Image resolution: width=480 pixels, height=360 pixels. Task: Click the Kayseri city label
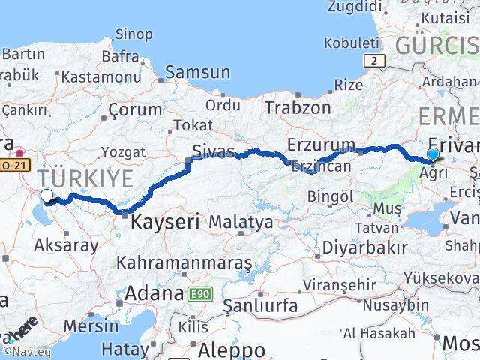[x=166, y=222]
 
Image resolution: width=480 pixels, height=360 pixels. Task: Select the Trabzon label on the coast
[x=297, y=107]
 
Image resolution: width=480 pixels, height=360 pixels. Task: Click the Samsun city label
[x=197, y=73]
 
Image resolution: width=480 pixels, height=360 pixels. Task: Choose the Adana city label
[x=154, y=293]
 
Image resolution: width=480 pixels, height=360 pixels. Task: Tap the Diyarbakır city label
[x=364, y=247]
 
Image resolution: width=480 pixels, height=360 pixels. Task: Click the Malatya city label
[x=241, y=222]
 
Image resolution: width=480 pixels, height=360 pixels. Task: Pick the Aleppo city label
[x=230, y=349]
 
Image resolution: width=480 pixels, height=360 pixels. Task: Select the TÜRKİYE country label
[x=86, y=178]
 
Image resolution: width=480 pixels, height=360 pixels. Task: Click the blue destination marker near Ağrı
[x=433, y=155]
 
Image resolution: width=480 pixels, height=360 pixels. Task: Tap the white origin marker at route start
[x=47, y=196]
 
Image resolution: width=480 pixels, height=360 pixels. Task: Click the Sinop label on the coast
[x=133, y=34]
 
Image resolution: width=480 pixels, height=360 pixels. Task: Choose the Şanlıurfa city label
[x=260, y=306]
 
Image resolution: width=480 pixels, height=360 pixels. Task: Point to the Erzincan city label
[x=321, y=166]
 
